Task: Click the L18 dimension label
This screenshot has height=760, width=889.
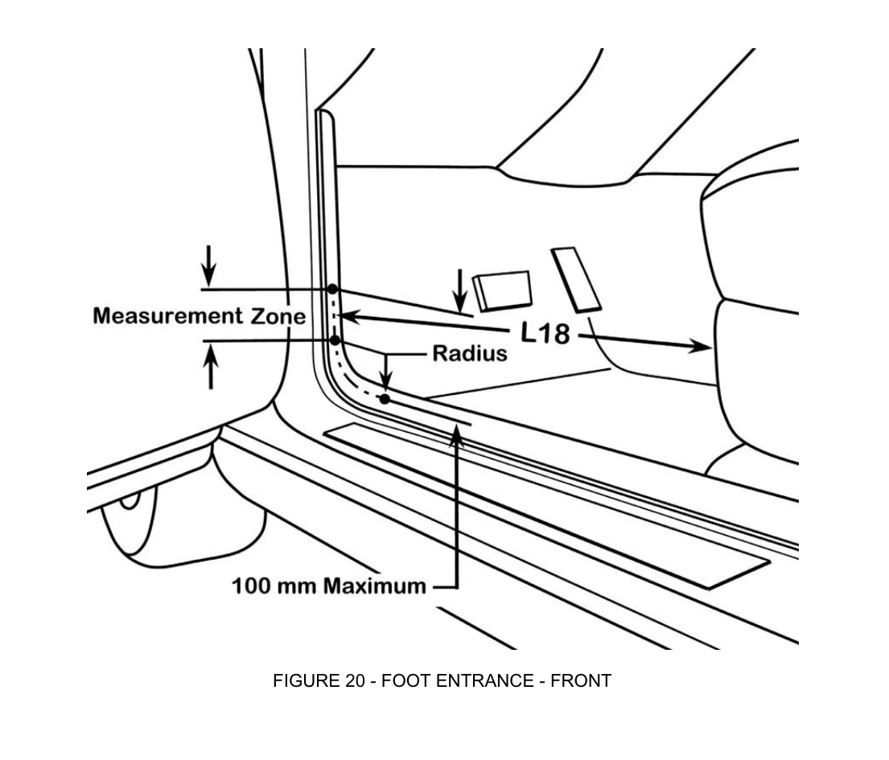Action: coord(545,333)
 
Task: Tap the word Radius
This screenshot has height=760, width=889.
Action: coord(470,354)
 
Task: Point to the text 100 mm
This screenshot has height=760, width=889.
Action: coord(274,585)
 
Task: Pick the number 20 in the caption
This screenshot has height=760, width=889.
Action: coord(354,680)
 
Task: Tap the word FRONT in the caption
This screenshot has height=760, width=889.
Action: coord(581,680)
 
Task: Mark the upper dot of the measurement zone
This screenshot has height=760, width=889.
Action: coord(332,289)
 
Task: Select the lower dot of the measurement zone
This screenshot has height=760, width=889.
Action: coord(335,340)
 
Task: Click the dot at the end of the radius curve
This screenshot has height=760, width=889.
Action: coord(385,399)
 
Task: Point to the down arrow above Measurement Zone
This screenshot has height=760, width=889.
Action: coord(209,265)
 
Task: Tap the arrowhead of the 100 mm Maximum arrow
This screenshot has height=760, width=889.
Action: coord(457,435)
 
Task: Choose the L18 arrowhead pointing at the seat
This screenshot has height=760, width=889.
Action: coord(700,345)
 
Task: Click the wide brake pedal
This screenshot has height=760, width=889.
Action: coord(503,291)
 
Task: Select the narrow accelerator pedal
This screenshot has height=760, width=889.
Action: coord(575,279)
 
